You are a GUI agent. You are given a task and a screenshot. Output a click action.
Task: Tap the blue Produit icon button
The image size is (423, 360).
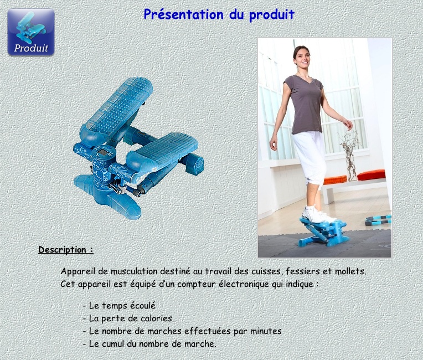(31, 32)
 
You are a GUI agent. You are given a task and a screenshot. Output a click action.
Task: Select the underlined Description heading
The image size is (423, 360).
(66, 250)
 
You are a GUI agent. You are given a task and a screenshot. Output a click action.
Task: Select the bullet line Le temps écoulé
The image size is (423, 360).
(119, 306)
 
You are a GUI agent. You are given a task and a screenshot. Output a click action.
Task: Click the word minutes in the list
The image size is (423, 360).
(266, 331)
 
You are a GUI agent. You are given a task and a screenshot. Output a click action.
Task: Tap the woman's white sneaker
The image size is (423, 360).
(318, 215)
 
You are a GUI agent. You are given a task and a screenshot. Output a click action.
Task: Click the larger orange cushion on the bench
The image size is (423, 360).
(371, 175)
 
